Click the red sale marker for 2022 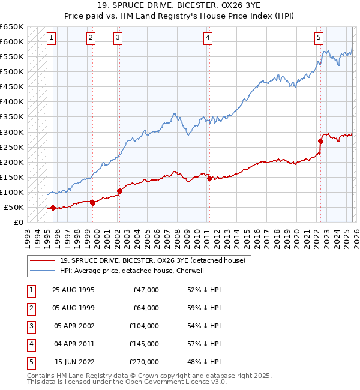[x=320, y=142]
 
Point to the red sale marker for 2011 [x=209, y=178]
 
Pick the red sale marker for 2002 [x=119, y=191]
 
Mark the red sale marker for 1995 [x=53, y=208]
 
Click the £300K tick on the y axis [x=12, y=132]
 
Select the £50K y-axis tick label [x=14, y=207]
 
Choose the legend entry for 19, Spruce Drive [x=152, y=260]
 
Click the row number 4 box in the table [x=30, y=344]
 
